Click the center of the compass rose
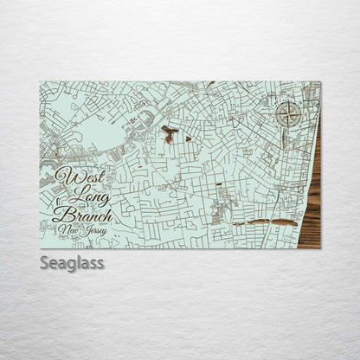(289, 112)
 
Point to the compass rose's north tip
(289, 99)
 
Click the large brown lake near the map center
(169, 133)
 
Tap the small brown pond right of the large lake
(188, 138)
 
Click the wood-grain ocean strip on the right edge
(312, 199)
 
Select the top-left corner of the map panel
(41, 82)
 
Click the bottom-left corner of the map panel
(41, 248)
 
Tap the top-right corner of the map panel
(319, 82)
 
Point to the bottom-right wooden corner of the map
(318, 247)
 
